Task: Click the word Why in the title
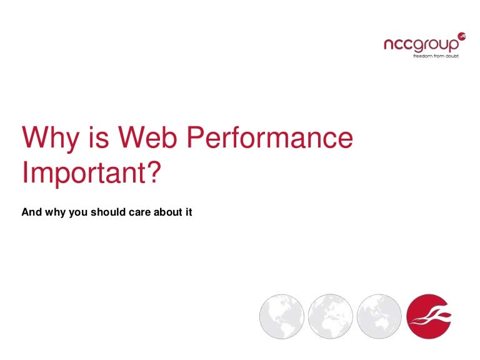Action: click(x=51, y=138)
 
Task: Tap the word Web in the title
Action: click(x=147, y=137)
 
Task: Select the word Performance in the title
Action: click(x=270, y=138)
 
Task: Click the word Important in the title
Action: click(x=84, y=173)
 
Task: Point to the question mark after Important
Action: click(x=154, y=172)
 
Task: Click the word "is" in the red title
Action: click(x=99, y=137)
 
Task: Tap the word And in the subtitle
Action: click(x=31, y=212)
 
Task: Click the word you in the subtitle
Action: click(x=78, y=213)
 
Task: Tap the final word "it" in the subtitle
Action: click(x=189, y=212)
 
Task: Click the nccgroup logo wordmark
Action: click(x=421, y=45)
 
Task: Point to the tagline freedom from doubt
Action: click(x=436, y=56)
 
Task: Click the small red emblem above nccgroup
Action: click(x=462, y=36)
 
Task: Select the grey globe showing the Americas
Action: click(x=282, y=316)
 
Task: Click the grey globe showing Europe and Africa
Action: click(x=330, y=316)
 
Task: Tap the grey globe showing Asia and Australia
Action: click(x=379, y=316)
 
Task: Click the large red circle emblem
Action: click(x=429, y=316)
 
